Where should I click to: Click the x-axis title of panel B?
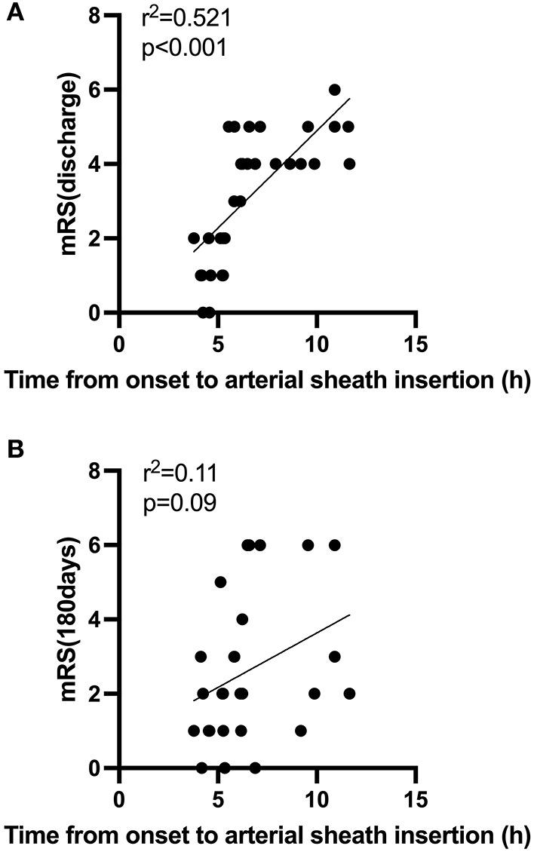[x=267, y=836]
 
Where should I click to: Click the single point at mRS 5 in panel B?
[x=220, y=582]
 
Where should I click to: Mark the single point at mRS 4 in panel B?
[x=242, y=619]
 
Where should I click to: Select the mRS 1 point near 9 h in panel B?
[x=301, y=731]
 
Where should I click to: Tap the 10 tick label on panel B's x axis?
[x=316, y=798]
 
